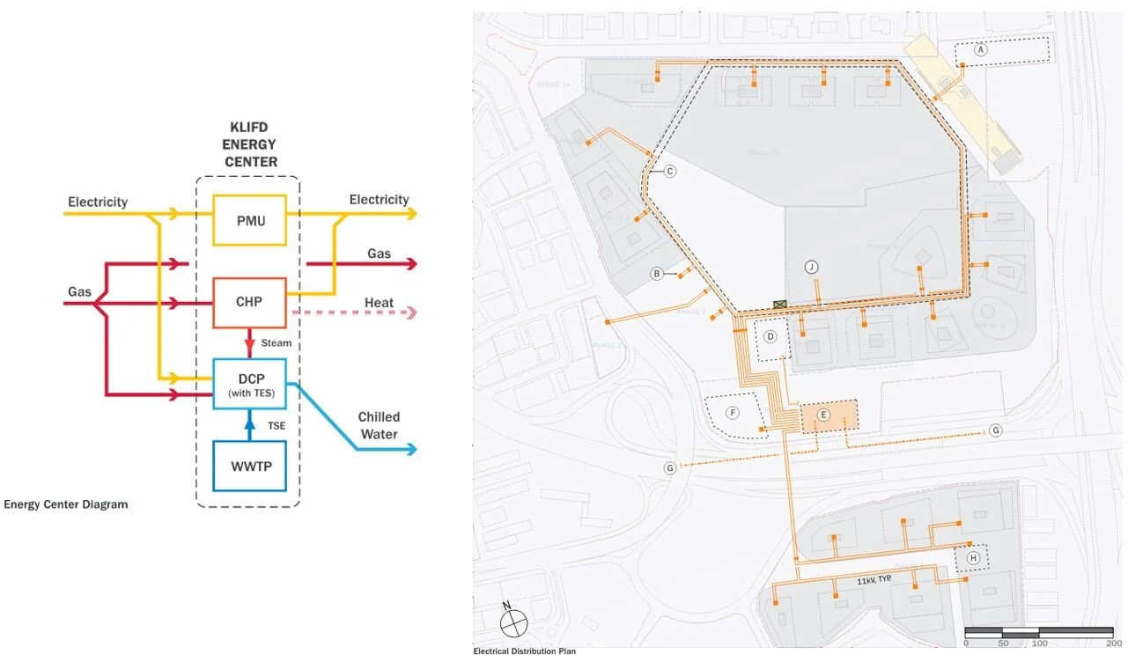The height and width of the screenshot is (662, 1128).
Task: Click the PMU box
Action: point(250,220)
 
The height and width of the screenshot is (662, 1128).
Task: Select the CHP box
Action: point(250,302)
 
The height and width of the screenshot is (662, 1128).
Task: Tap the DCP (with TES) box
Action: point(250,384)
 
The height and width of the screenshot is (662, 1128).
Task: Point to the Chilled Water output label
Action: point(379,425)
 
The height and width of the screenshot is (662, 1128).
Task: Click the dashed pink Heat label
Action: point(379,303)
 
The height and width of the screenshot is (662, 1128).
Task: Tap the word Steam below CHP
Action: point(276,342)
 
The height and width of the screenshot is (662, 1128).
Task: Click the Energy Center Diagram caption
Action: point(66,504)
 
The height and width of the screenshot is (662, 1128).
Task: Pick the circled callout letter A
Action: point(981,51)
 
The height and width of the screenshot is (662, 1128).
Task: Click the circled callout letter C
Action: point(669,171)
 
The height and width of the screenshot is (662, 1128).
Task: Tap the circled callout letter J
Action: point(812,267)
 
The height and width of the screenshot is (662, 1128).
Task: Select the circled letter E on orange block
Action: point(824,415)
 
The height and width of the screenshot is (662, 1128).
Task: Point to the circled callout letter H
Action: point(973,558)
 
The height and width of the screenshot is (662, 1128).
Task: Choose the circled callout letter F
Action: point(732,412)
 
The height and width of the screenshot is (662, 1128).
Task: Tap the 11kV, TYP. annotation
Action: point(877,582)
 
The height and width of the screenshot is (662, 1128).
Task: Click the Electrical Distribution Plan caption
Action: point(525,651)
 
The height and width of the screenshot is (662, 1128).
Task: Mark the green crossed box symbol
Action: point(779,304)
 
